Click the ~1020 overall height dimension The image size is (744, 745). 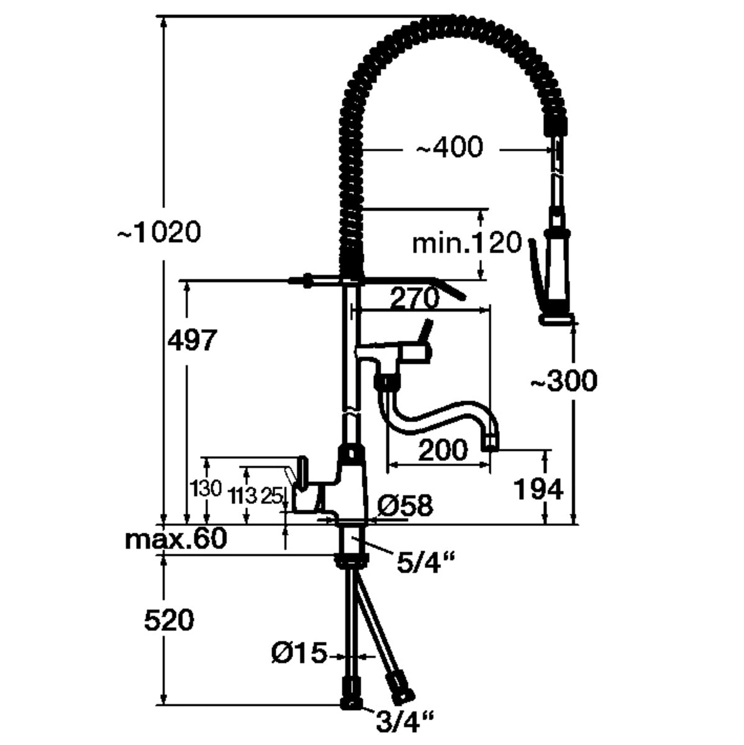[x=159, y=233]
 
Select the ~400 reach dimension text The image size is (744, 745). [x=448, y=148]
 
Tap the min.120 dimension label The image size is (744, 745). [x=467, y=243]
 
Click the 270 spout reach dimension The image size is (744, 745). [x=414, y=299]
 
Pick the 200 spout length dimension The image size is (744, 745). [x=443, y=449]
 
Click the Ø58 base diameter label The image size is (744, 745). [x=404, y=506]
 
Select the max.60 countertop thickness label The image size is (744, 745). [x=176, y=539]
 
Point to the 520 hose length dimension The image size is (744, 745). [x=169, y=620]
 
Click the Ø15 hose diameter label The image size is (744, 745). [x=299, y=653]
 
